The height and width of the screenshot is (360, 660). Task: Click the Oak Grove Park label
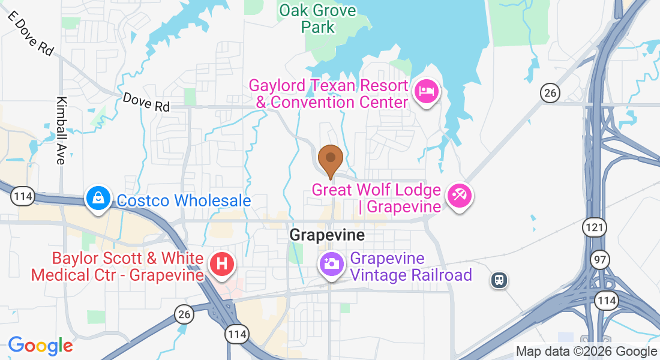(x=317, y=19)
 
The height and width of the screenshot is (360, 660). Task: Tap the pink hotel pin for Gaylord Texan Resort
(x=426, y=92)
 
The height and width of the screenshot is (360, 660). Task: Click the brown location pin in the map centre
(x=330, y=158)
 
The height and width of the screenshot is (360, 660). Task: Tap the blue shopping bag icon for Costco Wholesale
(x=98, y=197)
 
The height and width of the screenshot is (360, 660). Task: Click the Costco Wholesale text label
(x=184, y=200)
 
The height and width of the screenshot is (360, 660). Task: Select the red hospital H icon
(x=221, y=264)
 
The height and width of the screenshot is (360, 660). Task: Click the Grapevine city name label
(x=327, y=235)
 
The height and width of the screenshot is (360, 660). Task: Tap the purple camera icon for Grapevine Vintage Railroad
(x=331, y=264)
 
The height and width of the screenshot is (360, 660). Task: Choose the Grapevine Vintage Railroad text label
(x=411, y=267)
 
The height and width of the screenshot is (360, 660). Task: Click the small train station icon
(x=499, y=279)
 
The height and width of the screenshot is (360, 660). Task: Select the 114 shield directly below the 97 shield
(x=607, y=299)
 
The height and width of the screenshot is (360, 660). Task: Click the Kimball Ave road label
(x=61, y=130)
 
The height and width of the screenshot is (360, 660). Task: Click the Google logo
(x=40, y=346)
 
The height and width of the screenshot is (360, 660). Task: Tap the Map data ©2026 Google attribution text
(x=586, y=352)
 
